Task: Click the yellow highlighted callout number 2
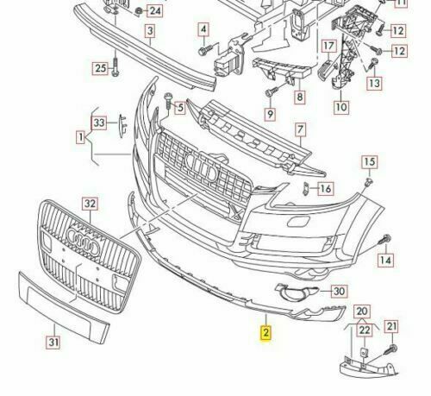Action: point(267,331)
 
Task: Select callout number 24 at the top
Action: point(154,11)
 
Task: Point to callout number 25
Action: point(100,68)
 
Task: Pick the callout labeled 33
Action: point(99,123)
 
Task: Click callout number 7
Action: point(301,131)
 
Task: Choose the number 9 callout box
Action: point(270,113)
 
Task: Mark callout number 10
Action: point(341,108)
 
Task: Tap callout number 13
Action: point(373,83)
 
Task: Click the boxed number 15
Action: point(368,162)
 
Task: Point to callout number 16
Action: point(325,188)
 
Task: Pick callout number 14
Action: point(385,259)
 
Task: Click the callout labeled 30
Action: point(338,292)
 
